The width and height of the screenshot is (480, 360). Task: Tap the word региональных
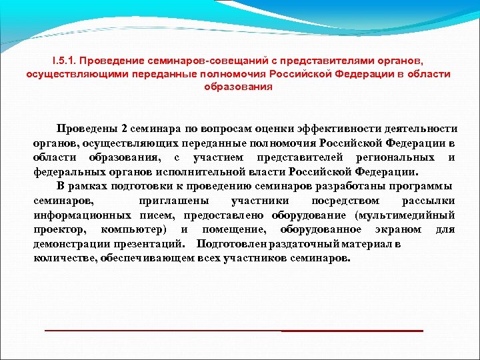pyautogui.click(x=395, y=157)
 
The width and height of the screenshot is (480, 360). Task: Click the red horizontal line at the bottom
pyautogui.click(x=233, y=331)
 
